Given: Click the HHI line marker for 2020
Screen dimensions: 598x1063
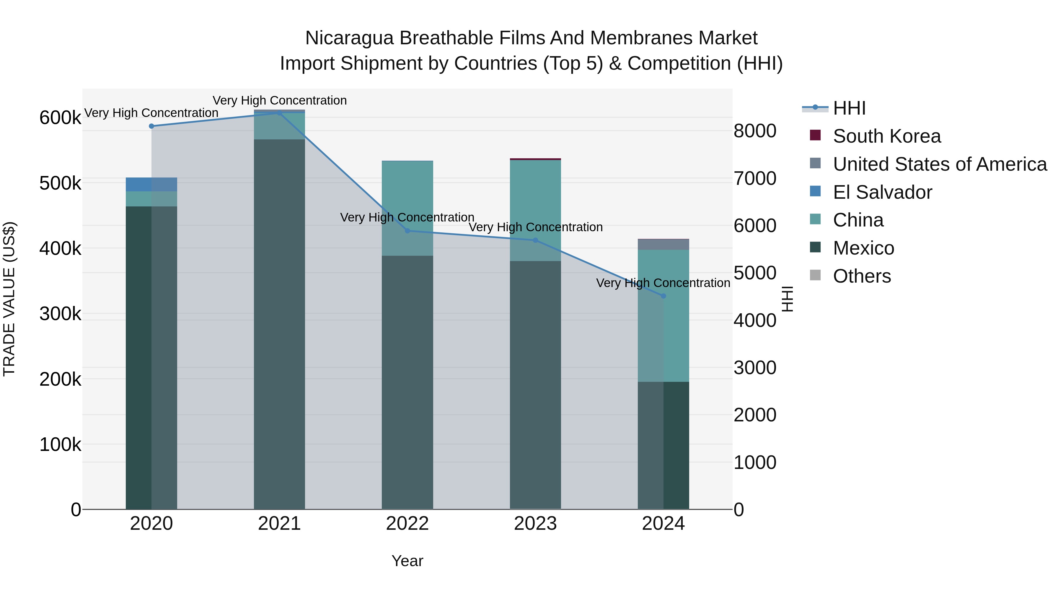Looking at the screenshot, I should tap(151, 126).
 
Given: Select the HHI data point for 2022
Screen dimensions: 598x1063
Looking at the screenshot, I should tap(407, 231).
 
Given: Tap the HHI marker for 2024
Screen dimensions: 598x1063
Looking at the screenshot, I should tap(663, 296).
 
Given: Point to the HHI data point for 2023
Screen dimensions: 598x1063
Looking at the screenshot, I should tap(535, 240).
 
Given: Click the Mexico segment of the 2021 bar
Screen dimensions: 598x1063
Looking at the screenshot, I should tap(279, 324).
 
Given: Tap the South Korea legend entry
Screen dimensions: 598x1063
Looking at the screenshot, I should tap(886, 136).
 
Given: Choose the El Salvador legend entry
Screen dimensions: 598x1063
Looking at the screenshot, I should tap(882, 192).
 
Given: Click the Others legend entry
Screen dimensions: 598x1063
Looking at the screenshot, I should tap(862, 276).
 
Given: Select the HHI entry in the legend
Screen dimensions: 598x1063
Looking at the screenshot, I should tap(849, 108).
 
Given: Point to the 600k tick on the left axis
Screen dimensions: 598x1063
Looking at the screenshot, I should tap(60, 118).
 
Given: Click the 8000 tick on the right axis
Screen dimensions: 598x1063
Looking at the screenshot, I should tap(755, 131).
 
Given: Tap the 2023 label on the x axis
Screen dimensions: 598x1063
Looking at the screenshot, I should tap(535, 524).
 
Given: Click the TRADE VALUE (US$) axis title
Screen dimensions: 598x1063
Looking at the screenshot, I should tap(9, 299).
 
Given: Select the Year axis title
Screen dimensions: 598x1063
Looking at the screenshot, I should tap(407, 561).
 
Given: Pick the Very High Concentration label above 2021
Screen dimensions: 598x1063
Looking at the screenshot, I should tap(279, 100).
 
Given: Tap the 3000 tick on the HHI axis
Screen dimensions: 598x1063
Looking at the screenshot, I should tap(755, 368).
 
